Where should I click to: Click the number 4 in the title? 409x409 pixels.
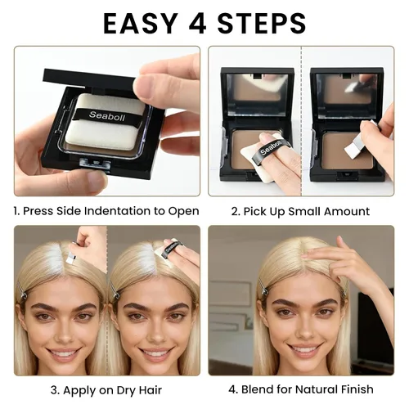pyautogui.click(x=198, y=23)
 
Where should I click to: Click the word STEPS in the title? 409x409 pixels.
pyautogui.click(x=262, y=23)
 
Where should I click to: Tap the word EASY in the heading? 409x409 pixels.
pyautogui.click(x=141, y=23)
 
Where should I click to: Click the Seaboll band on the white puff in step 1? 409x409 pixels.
pyautogui.click(x=107, y=116)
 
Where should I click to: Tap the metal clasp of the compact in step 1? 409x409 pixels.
pyautogui.click(x=95, y=164)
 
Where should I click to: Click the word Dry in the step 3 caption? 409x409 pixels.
pyautogui.click(x=127, y=390)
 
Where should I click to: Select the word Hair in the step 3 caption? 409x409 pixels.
pyautogui.click(x=151, y=390)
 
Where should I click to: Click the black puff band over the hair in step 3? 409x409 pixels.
pyautogui.click(x=167, y=250)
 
